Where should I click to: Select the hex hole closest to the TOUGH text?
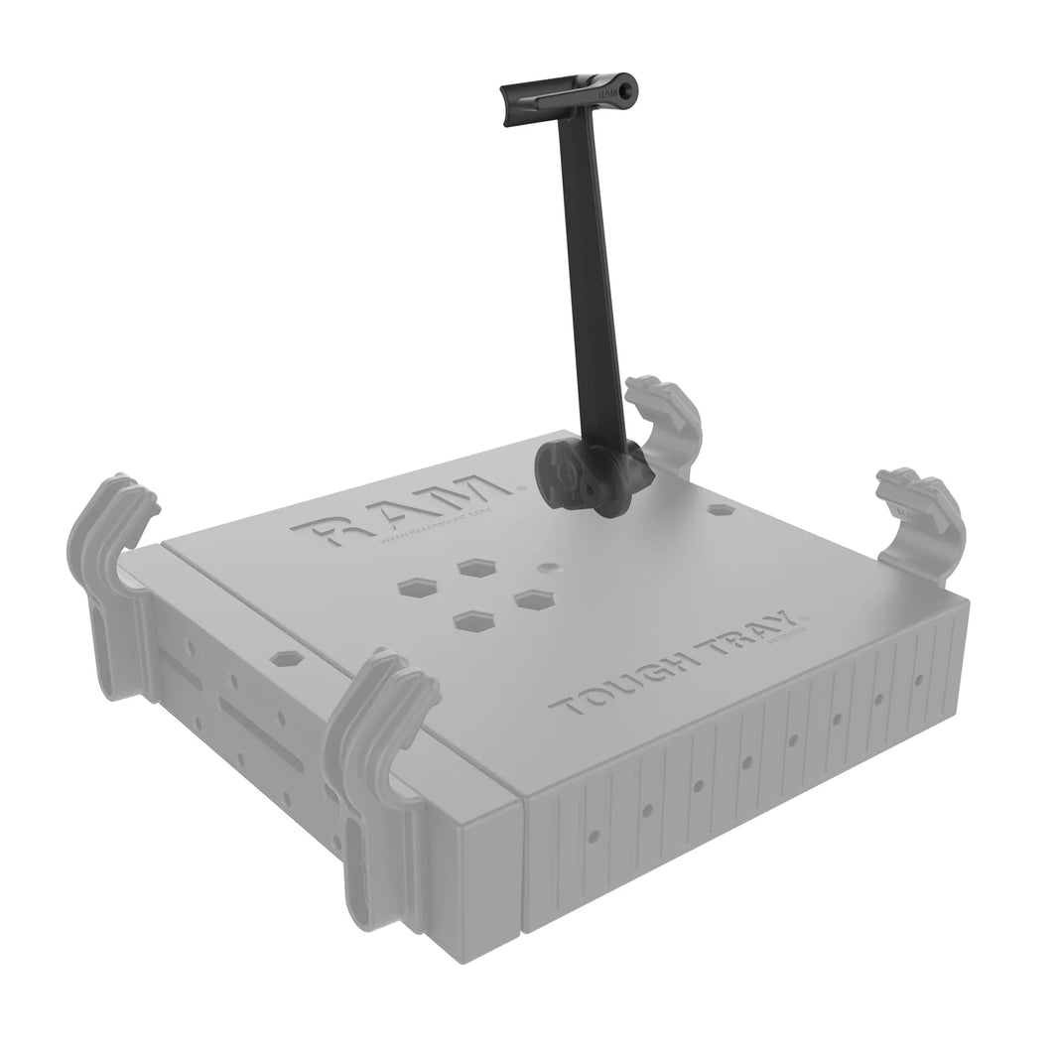coord(474,621)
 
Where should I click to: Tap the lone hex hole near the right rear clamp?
coord(722,508)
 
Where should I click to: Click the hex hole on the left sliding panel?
coord(287,658)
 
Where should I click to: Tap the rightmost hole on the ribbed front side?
coord(919,681)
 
